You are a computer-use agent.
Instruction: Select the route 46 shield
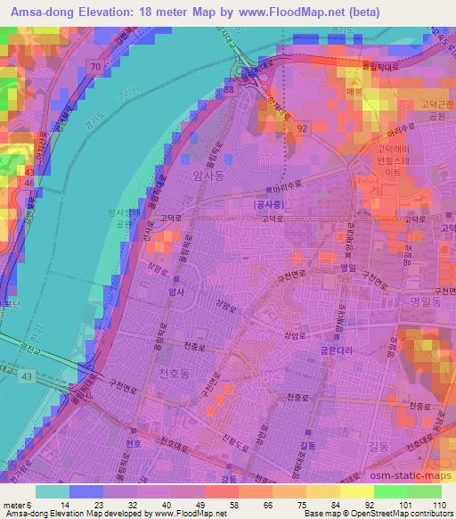pos(29,183)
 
